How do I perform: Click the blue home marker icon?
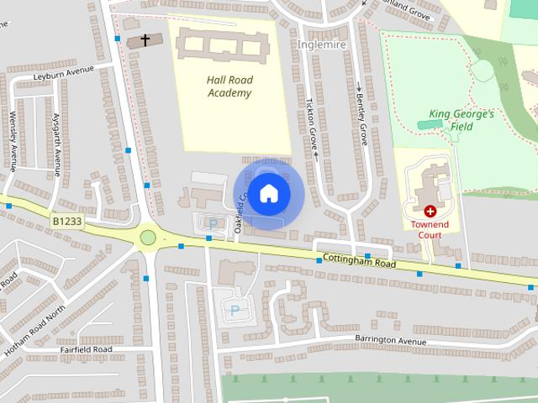268,194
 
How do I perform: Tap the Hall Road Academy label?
217,86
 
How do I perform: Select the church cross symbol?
145,39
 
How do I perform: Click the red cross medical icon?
430,212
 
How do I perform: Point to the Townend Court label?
430,230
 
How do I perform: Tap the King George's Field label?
462,120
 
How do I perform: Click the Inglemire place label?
322,44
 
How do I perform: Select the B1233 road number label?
66,222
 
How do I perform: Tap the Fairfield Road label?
86,348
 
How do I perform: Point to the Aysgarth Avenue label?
57,144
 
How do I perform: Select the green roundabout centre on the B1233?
148,238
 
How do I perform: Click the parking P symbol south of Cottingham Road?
234,311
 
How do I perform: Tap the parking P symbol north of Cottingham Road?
212,224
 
